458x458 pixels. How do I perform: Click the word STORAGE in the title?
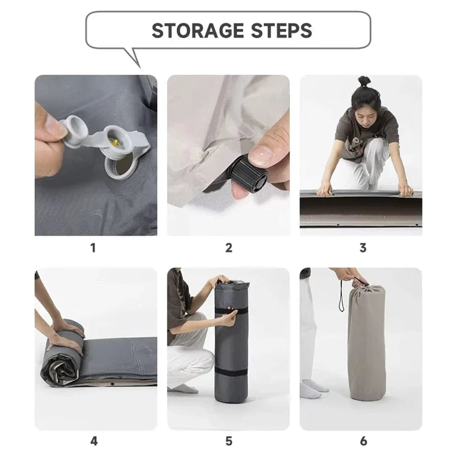[x=197, y=31]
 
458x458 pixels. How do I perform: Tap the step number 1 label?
[x=93, y=248]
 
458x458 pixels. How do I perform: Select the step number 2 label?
[x=229, y=248]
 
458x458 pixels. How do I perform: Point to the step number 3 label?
[x=363, y=248]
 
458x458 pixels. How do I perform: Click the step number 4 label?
[x=93, y=442]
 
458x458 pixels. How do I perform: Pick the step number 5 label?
[x=229, y=442]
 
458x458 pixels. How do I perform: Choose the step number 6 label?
[x=363, y=442]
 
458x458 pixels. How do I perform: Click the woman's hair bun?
[x=364, y=81]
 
